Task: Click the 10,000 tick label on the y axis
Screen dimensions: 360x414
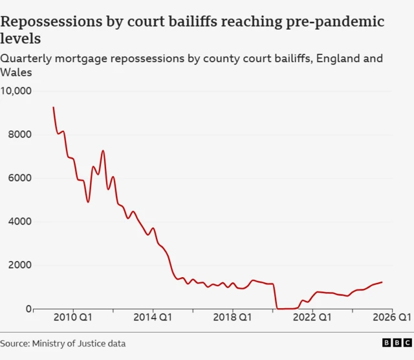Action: point(16,91)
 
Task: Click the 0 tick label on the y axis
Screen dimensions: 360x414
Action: point(28,309)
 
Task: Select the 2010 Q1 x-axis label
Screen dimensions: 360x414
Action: point(73,317)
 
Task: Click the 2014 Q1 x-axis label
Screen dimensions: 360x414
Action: point(153,317)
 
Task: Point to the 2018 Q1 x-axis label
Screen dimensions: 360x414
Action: point(233,317)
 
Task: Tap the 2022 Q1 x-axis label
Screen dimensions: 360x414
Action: point(313,317)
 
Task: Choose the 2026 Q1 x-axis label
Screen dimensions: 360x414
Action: point(392,317)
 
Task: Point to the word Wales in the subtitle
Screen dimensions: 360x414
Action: point(16,73)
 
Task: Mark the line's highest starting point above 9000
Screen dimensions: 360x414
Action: point(53,107)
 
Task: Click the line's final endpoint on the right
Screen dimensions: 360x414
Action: point(382,282)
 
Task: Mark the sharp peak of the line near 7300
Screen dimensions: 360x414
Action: point(103,150)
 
